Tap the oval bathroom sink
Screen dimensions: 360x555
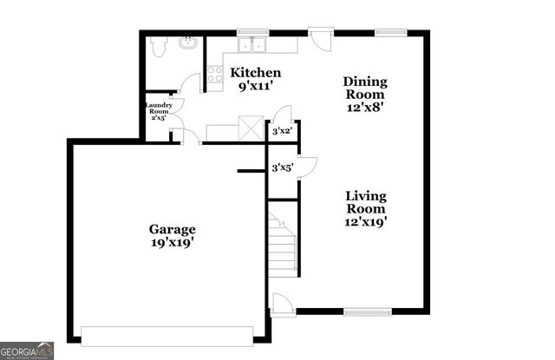(186, 42)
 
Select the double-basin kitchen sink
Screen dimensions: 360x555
(252, 43)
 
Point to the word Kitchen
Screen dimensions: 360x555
(256, 73)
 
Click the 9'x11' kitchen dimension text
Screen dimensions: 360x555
(256, 87)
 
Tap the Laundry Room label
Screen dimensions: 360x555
(159, 111)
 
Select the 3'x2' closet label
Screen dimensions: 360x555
(282, 132)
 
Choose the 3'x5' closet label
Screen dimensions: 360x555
(282, 167)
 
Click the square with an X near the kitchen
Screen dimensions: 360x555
(251, 132)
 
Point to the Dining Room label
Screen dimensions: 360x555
(366, 88)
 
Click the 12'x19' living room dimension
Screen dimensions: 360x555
(365, 222)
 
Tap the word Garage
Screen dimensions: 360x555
(172, 229)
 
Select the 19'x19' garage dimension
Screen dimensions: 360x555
(172, 243)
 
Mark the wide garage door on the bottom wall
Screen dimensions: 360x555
(167, 334)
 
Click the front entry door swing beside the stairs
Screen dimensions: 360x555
(282, 305)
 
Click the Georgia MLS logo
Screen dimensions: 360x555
(28, 350)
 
